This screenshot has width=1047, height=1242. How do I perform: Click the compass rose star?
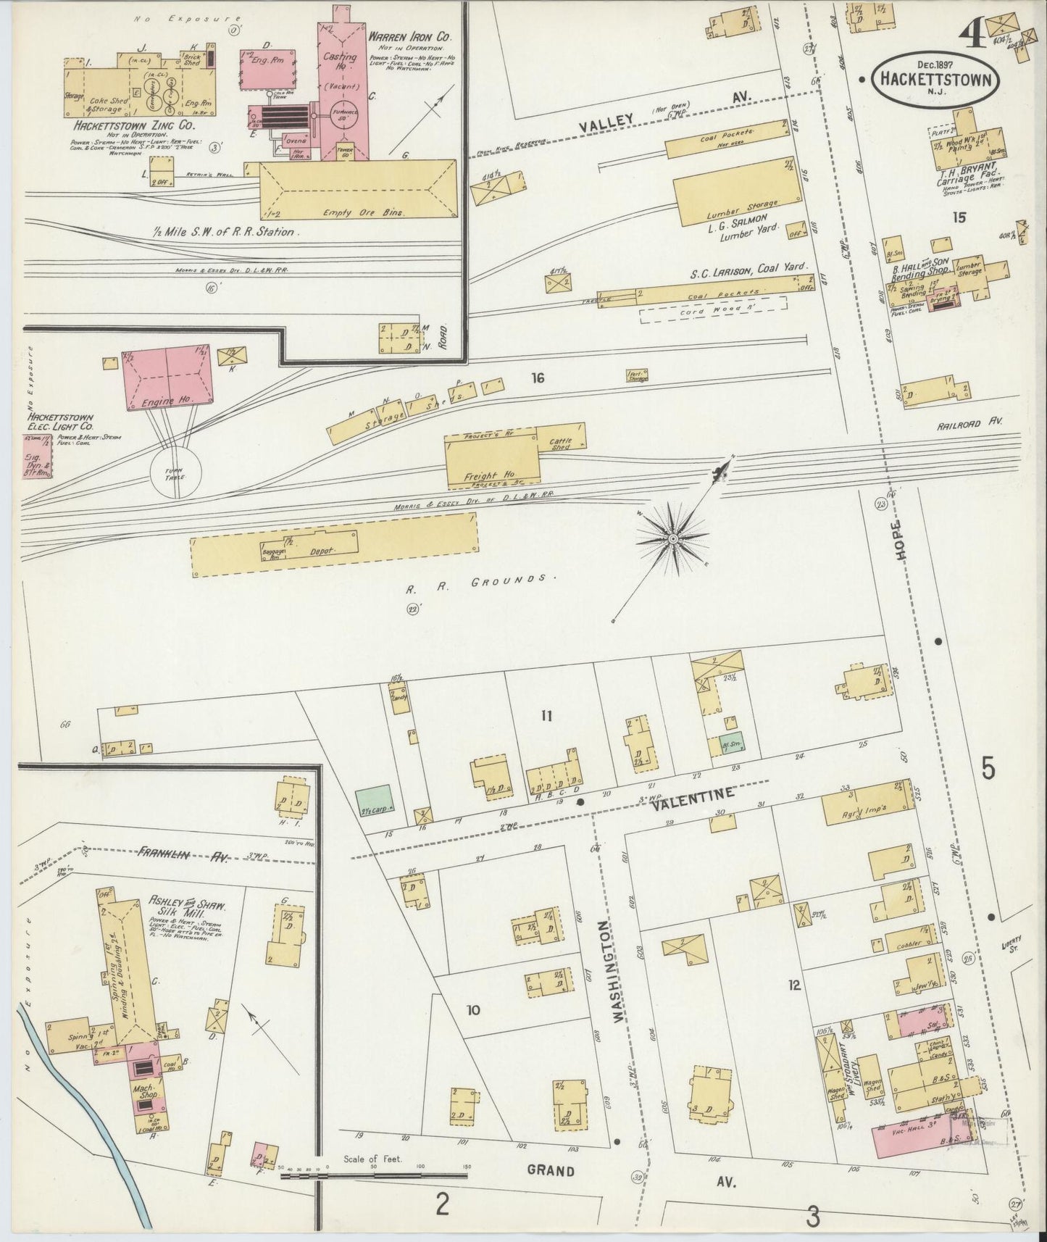coord(673,539)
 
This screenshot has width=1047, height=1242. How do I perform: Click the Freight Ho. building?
coord(492,460)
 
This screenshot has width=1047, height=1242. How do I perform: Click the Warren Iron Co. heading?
coord(412,36)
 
